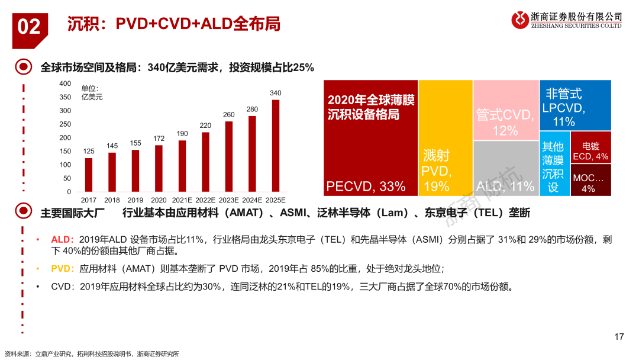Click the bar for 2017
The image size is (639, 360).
pyautogui.click(x=89, y=175)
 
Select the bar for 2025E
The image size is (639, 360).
pyautogui.click(x=276, y=146)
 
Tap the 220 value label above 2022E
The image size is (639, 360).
pyautogui.click(x=205, y=126)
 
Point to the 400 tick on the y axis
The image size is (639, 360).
pyautogui.click(x=65, y=84)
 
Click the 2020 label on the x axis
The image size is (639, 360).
pyautogui.click(x=159, y=200)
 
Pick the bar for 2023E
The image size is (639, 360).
pyautogui.click(x=229, y=156)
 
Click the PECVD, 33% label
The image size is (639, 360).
pyautogui.click(x=366, y=187)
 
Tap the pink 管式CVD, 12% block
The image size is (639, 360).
pyautogui.click(x=505, y=109)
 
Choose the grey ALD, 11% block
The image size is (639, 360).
pyautogui.click(x=505, y=168)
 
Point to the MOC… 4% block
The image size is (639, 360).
pyautogui.click(x=590, y=180)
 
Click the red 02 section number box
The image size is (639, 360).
pyautogui.click(x=29, y=27)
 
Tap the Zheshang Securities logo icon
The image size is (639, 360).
pyautogui.click(x=521, y=20)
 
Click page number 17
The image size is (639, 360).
pyautogui.click(x=619, y=337)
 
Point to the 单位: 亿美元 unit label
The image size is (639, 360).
pyautogui.click(x=91, y=92)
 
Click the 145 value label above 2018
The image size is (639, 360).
pyautogui.click(x=112, y=146)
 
